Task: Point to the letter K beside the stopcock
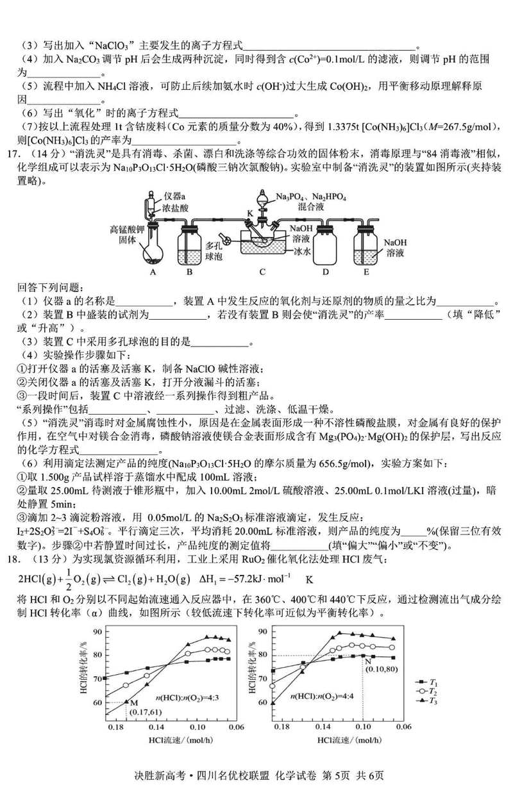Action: pos(251,211)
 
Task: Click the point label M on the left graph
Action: pos(126,701)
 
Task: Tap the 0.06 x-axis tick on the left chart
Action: pos(236,728)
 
